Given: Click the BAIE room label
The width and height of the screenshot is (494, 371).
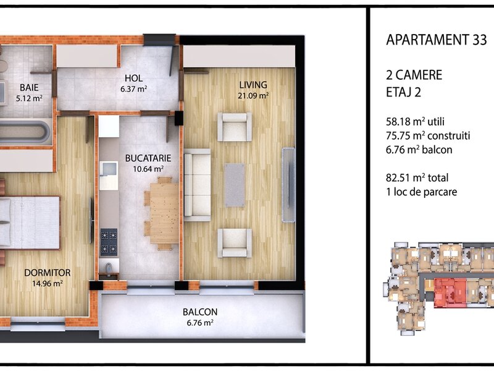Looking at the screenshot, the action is coord(29,87).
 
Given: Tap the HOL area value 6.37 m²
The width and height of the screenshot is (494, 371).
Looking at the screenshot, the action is coord(133,89).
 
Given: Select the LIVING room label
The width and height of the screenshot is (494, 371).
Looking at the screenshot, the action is coord(253,85).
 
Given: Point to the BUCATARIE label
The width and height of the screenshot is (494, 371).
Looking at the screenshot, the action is coord(148,158).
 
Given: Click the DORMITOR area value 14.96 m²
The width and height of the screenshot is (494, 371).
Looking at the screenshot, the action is coord(48,283).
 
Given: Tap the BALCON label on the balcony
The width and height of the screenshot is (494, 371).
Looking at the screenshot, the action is coord(200,312).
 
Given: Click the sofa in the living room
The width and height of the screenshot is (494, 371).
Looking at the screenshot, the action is coord(197,185).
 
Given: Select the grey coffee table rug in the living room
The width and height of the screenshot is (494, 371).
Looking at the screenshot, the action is coord(235,185).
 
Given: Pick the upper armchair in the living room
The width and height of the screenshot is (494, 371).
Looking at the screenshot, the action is coord(235,127).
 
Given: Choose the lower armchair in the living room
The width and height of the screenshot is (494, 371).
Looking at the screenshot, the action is coord(235,243).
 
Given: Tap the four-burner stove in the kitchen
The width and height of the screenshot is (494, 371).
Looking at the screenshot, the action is coord(109,242).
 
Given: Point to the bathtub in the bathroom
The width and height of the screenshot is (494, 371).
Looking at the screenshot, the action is coord(25,131).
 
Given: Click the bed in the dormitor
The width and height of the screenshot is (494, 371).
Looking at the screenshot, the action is coord(30,223).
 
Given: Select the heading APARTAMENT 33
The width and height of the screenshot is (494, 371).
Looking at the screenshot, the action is coord(437,40).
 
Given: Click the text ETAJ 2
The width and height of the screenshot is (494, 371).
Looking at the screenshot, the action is coord(404,92).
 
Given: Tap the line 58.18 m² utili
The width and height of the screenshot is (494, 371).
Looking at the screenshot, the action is coord(415,121).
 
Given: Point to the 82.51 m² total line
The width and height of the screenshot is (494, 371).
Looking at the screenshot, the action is coord(417,177).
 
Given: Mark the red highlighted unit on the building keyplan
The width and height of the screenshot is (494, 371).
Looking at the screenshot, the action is coord(450,292).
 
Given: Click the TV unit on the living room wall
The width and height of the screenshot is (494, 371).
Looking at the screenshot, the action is coord(288,185).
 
